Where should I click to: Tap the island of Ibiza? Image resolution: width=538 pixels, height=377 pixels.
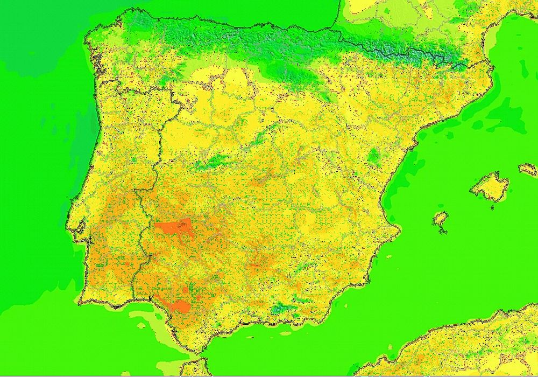(441, 219)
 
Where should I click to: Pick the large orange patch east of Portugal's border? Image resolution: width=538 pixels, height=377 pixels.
(172, 228)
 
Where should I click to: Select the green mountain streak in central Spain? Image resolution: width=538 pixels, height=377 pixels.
(213, 161)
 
